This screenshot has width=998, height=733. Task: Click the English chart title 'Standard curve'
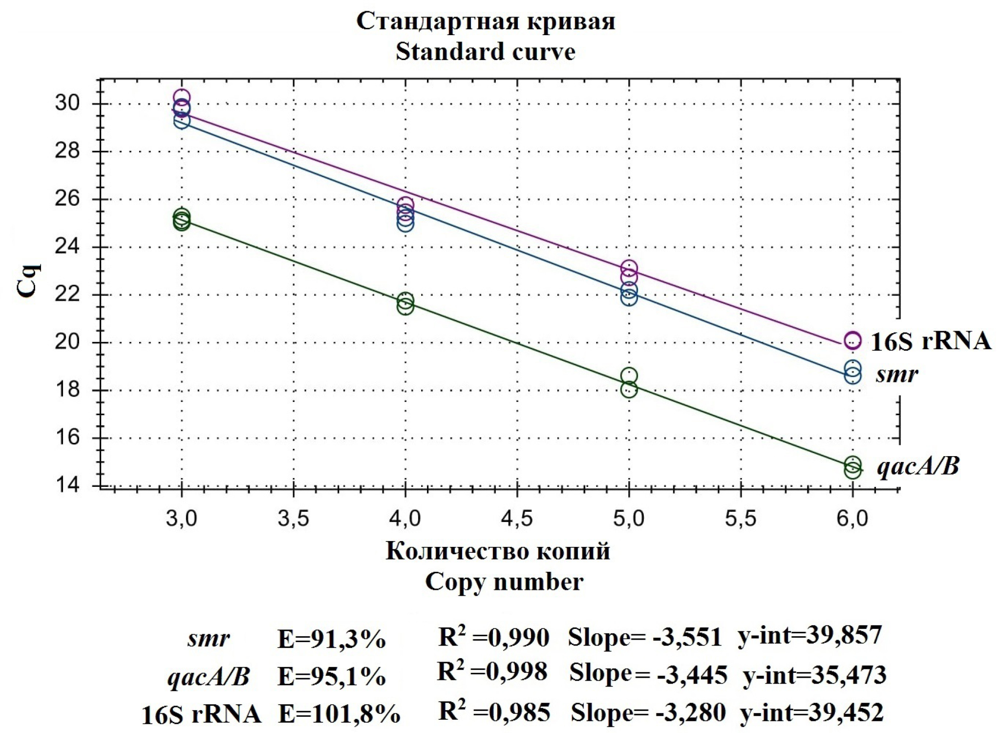[x=485, y=51]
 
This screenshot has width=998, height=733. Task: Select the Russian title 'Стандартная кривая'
[x=486, y=21]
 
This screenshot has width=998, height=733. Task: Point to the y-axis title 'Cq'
[x=28, y=281]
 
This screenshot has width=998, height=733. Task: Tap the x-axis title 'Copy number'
[x=504, y=582]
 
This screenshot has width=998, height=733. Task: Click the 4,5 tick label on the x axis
[x=517, y=519]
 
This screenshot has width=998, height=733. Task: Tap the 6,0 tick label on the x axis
[x=852, y=519]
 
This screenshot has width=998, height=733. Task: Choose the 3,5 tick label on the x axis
[x=293, y=519]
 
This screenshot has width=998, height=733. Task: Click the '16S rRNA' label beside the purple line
[x=931, y=341]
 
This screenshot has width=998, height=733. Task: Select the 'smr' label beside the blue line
[x=897, y=374]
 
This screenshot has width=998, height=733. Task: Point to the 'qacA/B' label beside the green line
[x=918, y=466]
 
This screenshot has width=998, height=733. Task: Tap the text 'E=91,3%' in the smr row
[x=331, y=639]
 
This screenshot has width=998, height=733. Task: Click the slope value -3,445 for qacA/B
[x=692, y=675]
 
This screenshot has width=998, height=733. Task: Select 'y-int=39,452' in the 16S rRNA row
[x=811, y=712]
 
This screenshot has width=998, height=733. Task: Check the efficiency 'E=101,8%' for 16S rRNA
[x=339, y=714]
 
